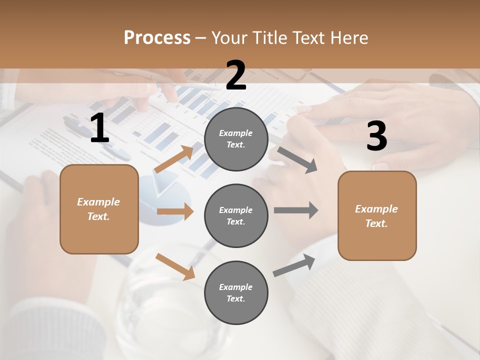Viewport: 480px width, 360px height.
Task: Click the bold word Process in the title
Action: (x=157, y=38)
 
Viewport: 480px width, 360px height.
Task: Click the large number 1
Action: (x=99, y=128)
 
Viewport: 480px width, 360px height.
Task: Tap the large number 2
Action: (x=236, y=76)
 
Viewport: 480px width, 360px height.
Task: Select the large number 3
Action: (x=376, y=136)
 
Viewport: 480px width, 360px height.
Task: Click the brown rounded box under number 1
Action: (x=99, y=209)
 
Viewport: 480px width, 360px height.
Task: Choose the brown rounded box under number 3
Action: (x=377, y=215)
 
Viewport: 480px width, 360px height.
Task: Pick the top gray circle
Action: (x=236, y=139)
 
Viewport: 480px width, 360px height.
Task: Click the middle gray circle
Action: (x=236, y=215)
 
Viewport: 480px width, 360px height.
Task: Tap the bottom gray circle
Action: (x=236, y=292)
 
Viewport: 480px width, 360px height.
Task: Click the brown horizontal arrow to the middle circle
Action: (x=175, y=211)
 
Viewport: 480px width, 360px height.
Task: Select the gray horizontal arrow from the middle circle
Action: (x=295, y=210)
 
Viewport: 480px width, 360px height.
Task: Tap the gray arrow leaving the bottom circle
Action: (x=294, y=265)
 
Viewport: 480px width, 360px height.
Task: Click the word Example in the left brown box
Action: (x=98, y=202)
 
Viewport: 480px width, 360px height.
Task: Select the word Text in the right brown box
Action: (x=375, y=223)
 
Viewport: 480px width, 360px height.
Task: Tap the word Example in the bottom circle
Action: (x=235, y=287)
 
